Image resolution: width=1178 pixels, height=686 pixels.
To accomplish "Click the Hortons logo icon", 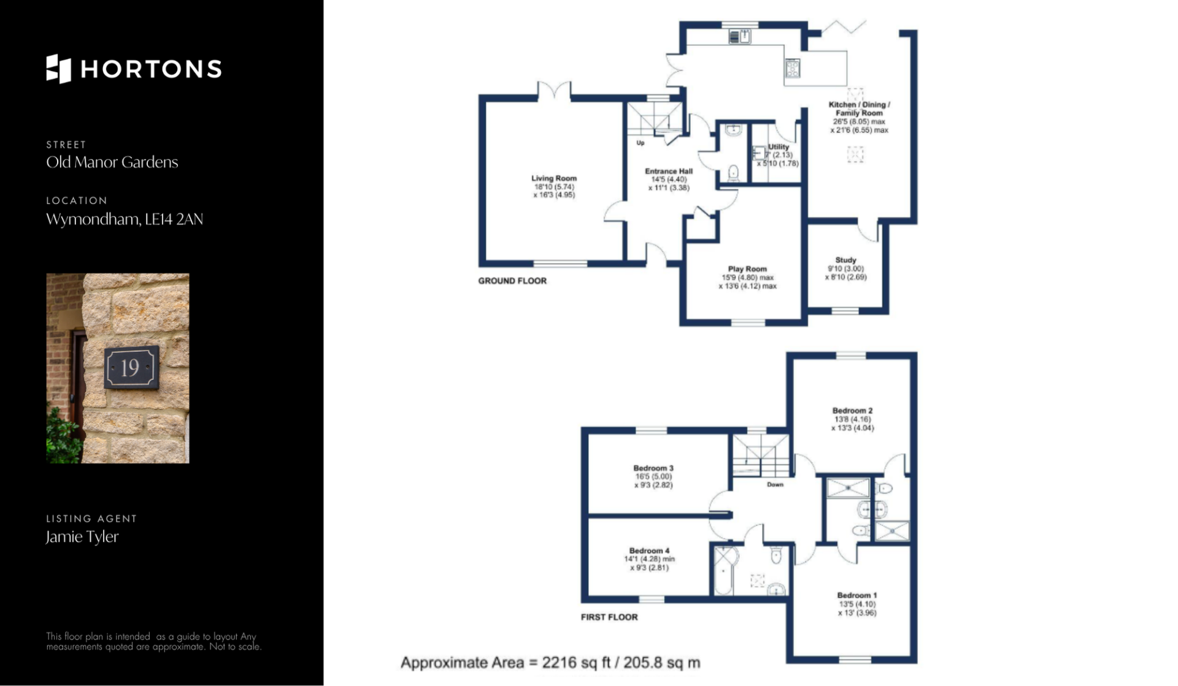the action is pyautogui.click(x=59, y=69).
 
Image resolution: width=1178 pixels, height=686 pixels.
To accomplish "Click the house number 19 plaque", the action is pyautogui.click(x=131, y=367).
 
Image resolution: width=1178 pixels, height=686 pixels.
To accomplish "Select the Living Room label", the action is pyautogui.click(x=554, y=178).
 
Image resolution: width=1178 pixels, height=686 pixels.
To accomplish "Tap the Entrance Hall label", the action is pyautogui.click(x=669, y=171).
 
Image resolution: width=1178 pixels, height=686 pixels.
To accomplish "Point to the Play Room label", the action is pyautogui.click(x=747, y=269).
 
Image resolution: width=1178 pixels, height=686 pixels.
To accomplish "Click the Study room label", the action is pyautogui.click(x=845, y=260).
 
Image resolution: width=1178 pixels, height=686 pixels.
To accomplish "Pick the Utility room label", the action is pyautogui.click(x=779, y=147).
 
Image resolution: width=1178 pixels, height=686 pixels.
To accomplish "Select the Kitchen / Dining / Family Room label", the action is pyautogui.click(x=859, y=109).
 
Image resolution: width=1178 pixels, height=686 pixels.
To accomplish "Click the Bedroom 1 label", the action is pyautogui.click(x=857, y=595).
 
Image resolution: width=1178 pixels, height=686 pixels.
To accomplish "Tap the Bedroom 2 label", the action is pyautogui.click(x=852, y=410).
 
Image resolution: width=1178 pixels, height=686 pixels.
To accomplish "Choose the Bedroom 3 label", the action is pyautogui.click(x=653, y=468).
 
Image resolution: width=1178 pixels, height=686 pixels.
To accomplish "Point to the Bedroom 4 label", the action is pyautogui.click(x=649, y=551).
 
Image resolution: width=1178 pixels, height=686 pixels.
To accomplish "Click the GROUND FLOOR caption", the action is pyautogui.click(x=512, y=281).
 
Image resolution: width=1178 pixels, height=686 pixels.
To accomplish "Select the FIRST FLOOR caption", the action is pyautogui.click(x=609, y=617).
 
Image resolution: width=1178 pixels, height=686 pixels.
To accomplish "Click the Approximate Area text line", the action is pyautogui.click(x=550, y=663).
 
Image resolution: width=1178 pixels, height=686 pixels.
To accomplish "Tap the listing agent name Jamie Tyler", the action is pyautogui.click(x=82, y=536).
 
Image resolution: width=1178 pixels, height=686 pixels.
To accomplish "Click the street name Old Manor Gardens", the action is pyautogui.click(x=112, y=162).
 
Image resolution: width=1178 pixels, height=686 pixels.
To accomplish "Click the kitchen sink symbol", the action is pyautogui.click(x=740, y=37).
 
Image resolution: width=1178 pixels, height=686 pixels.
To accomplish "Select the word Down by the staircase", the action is pyautogui.click(x=775, y=484).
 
